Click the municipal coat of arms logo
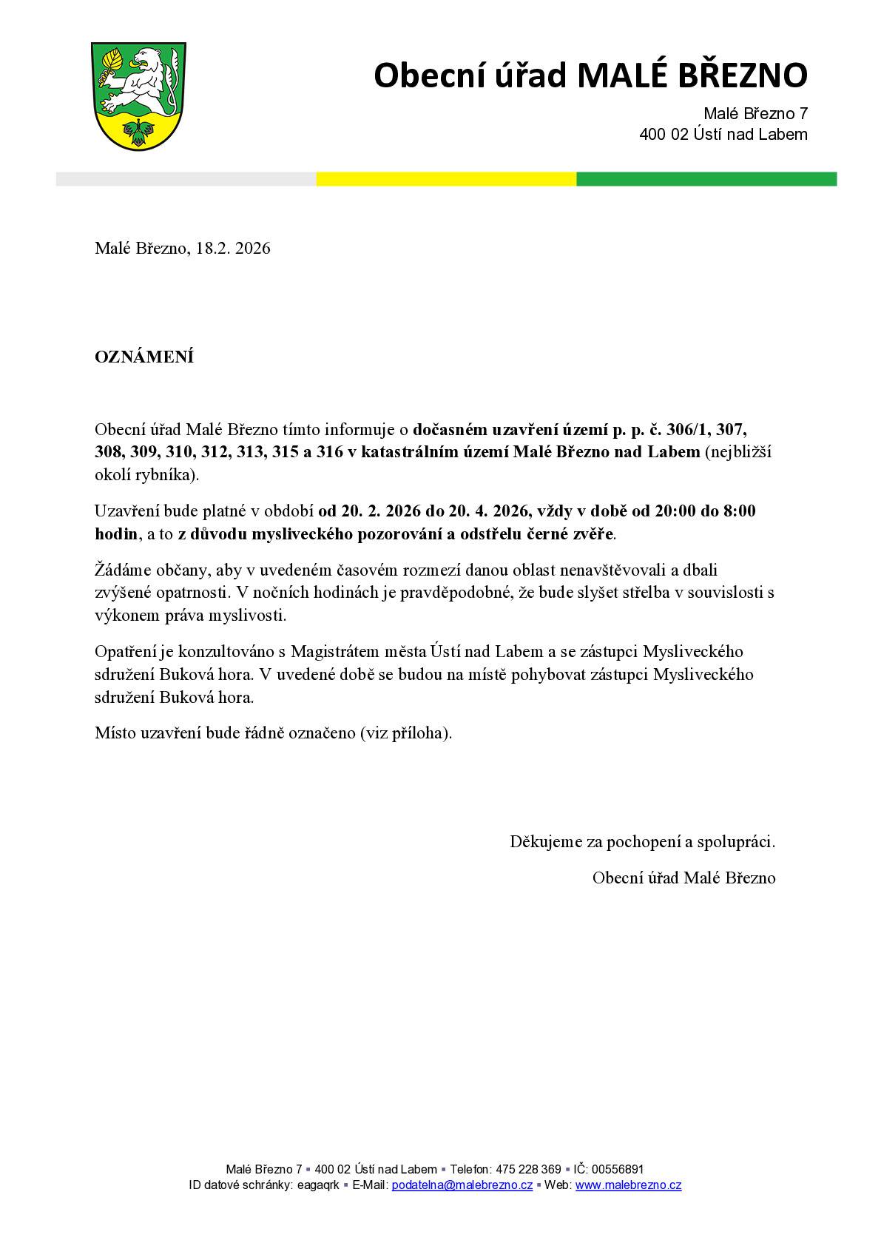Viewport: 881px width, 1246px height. [138, 95]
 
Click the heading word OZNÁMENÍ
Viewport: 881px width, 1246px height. [144, 357]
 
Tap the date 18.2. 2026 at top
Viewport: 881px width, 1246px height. [233, 249]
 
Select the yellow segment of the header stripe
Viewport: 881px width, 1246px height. [446, 179]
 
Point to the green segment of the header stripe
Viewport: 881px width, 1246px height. [706, 179]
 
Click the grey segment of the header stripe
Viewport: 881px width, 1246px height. [186, 179]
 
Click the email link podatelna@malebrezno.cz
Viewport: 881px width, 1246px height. [462, 1185]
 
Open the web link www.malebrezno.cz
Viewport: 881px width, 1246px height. [628, 1185]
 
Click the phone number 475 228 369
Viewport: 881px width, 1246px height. [528, 1169]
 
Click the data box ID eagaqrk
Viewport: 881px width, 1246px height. [317, 1185]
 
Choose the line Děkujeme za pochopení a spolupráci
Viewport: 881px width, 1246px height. [642, 841]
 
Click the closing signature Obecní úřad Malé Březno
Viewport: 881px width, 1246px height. [683, 878]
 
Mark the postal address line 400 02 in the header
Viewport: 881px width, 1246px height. [723, 135]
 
